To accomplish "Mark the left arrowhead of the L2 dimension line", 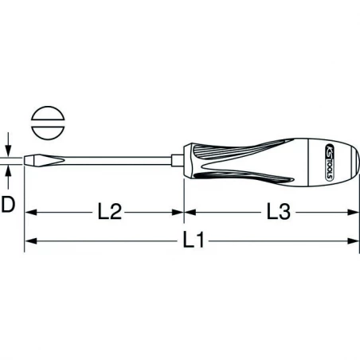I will [x=31, y=212].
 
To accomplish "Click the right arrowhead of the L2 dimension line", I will [x=179, y=212].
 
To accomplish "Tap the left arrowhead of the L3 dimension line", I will [x=190, y=212].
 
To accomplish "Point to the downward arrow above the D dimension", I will [x=8, y=152].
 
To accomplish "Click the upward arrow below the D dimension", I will [x=8, y=174].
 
